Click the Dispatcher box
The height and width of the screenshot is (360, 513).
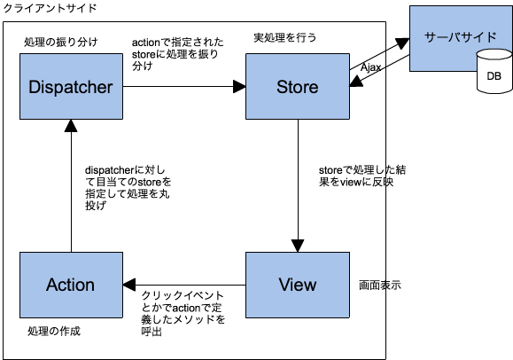coord(70,87)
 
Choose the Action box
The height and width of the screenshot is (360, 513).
coord(70,285)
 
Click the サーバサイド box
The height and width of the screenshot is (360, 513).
coord(462,39)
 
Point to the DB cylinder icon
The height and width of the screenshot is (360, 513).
coord(493,74)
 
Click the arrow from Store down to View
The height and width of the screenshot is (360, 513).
coord(298,186)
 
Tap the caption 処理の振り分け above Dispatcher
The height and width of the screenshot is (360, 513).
coord(61,42)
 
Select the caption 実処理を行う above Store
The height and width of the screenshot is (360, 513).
coord(284,38)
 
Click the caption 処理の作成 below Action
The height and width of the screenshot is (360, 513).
coord(54,331)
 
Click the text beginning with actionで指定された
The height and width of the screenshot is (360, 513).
coord(176,54)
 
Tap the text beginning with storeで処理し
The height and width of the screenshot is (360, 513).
coord(350,175)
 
